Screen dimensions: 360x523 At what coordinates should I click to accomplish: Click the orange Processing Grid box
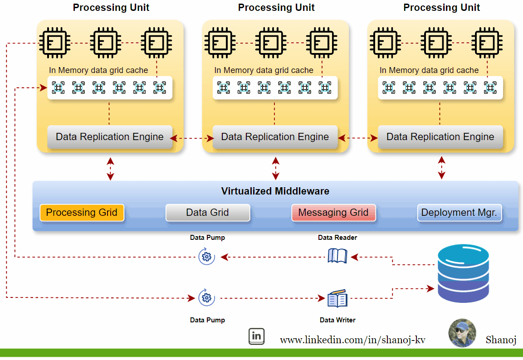click(82, 213)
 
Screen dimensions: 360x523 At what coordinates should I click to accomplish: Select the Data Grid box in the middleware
click(207, 213)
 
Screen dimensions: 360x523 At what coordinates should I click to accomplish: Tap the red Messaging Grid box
click(333, 213)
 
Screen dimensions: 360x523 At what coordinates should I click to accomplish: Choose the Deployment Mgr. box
click(459, 213)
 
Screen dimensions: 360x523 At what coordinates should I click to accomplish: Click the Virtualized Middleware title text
click(275, 191)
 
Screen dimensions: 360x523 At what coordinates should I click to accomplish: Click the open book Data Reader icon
click(337, 256)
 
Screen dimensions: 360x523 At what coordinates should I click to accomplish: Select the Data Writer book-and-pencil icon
click(337, 299)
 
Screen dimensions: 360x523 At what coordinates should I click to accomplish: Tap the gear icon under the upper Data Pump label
click(206, 257)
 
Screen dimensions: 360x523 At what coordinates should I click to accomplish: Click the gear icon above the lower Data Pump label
click(206, 298)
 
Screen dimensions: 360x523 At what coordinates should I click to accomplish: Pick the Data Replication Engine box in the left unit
click(109, 137)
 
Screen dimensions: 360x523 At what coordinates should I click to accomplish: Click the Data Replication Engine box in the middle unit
click(275, 137)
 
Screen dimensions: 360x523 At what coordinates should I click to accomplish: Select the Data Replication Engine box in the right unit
click(440, 137)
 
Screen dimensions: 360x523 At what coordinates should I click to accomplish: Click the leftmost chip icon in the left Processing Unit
click(54, 43)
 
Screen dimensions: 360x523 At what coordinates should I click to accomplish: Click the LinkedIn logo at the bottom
click(257, 336)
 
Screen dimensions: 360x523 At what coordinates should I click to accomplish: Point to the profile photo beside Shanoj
click(462, 333)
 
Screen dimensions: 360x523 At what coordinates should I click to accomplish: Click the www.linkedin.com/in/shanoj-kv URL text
click(352, 340)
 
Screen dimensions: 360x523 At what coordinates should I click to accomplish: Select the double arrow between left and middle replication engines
click(193, 137)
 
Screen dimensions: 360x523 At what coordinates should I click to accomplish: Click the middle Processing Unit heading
click(276, 7)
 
